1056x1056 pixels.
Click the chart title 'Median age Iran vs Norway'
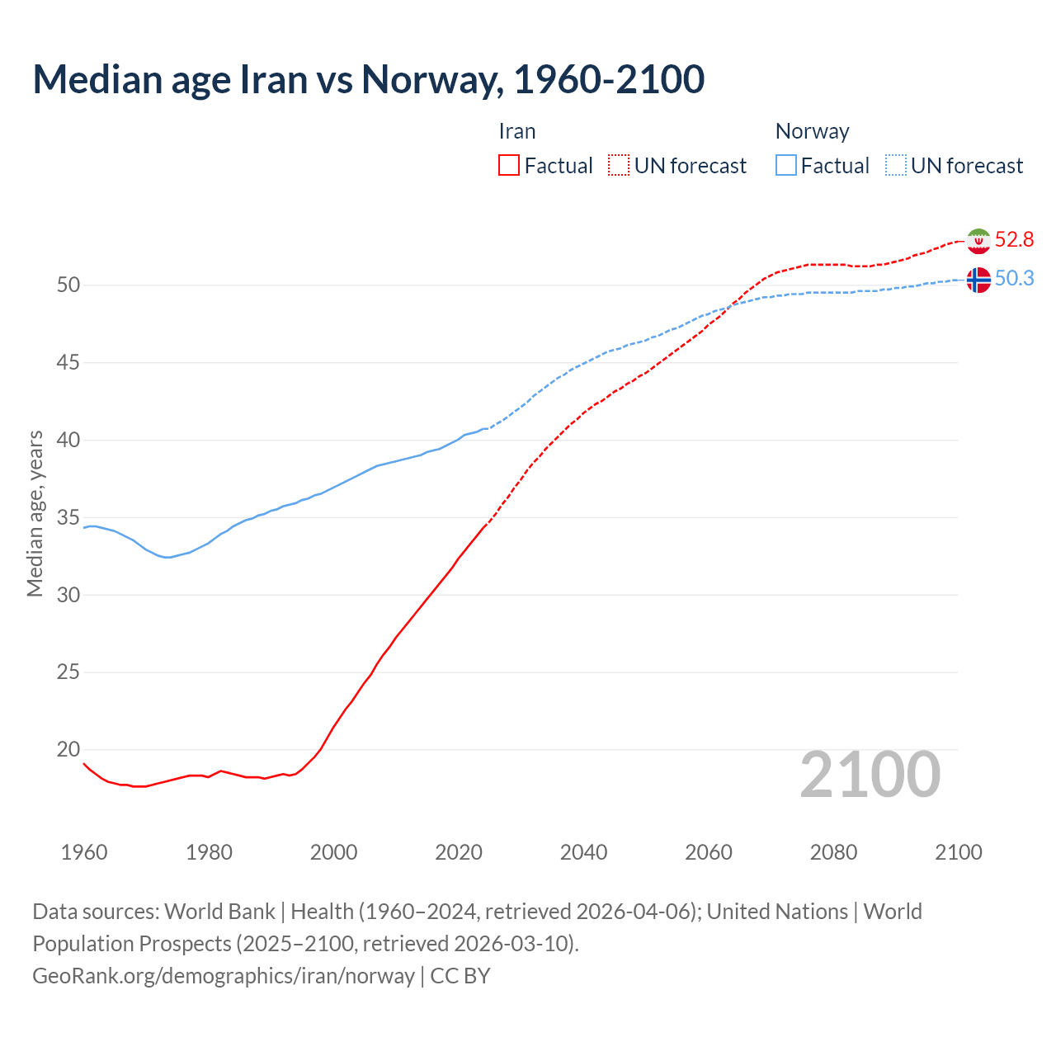coord(368,79)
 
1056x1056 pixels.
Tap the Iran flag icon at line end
coord(978,241)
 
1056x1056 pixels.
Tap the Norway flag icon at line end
coord(978,280)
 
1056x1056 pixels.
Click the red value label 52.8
coord(1014,239)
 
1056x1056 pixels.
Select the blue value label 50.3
coord(1014,278)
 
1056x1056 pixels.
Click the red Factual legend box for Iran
coord(509,166)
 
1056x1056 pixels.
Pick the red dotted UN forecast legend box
coord(619,166)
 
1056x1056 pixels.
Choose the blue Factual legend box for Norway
coord(786,166)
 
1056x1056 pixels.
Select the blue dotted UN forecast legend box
coord(896,166)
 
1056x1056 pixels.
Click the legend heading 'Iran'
coord(517,131)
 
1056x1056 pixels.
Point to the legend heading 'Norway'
coord(812,131)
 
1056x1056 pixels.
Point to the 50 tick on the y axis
coord(68,285)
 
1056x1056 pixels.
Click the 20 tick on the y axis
coord(68,749)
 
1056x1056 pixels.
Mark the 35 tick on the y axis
coord(68,517)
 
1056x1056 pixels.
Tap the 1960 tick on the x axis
coord(84,852)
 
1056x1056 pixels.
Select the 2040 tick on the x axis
coord(583,852)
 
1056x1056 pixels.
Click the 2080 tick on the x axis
coord(833,852)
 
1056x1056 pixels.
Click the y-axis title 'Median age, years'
coord(35,513)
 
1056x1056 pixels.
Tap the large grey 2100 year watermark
coord(870,774)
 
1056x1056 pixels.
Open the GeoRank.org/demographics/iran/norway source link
coord(224,975)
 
